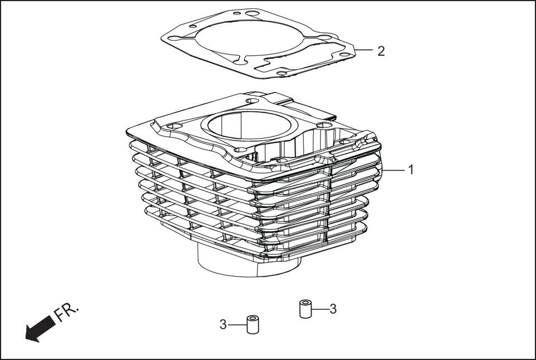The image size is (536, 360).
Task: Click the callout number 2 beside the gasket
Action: tap(381, 51)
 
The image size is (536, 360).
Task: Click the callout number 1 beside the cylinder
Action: tap(411, 169)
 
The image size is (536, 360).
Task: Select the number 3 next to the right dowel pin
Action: tap(333, 309)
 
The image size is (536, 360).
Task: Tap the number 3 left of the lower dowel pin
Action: tap(223, 324)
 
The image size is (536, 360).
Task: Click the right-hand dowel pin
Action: tap(305, 309)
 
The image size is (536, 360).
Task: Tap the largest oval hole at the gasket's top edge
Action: tap(252, 13)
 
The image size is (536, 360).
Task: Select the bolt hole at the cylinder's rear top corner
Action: tap(252, 102)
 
